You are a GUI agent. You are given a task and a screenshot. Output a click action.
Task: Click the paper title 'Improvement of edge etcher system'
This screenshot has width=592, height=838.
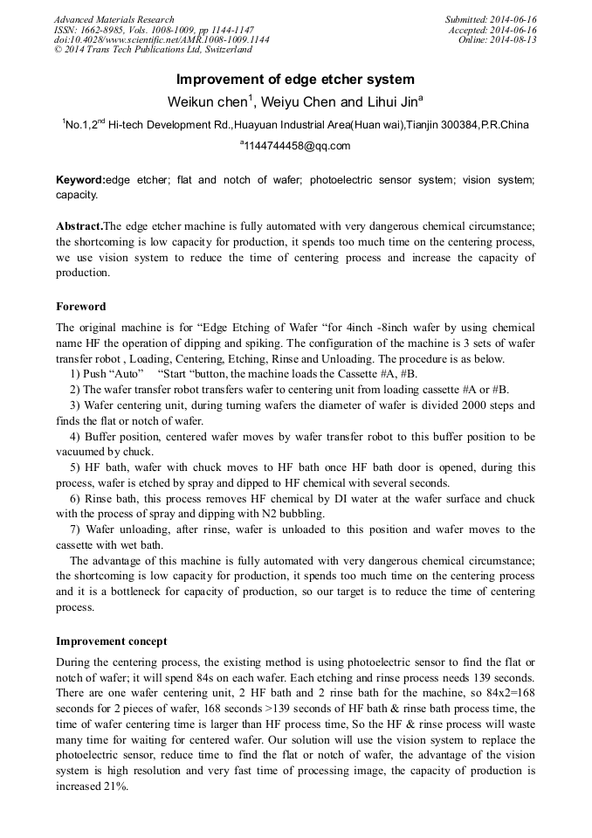[295, 79]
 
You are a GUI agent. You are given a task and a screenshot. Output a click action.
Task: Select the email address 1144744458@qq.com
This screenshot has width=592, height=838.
[296, 146]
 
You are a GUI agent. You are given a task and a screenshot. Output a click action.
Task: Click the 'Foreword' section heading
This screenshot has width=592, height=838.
[81, 307]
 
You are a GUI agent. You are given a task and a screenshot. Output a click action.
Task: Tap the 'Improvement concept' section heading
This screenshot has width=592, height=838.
[112, 641]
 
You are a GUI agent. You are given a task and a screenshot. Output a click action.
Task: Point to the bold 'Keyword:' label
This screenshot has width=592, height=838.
[79, 180]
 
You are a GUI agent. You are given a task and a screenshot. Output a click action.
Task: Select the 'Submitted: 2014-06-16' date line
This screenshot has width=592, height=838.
[491, 19]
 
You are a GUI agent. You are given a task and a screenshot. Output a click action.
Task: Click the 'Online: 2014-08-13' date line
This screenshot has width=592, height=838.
[498, 40]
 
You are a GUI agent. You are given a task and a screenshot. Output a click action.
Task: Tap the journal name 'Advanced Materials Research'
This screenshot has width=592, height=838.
[114, 19]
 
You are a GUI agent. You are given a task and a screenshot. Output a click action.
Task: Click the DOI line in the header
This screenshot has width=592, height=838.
[162, 40]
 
